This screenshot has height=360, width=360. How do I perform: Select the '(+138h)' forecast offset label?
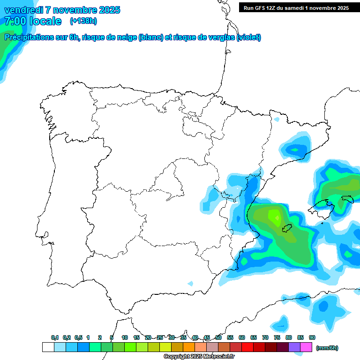click(x=83, y=21)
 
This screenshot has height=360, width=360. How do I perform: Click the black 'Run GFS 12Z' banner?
click(x=294, y=7)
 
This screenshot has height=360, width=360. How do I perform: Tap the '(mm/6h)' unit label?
click(x=327, y=348)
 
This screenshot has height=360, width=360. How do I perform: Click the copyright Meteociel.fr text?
click(x=199, y=357)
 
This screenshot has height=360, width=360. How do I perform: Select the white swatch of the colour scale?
click(x=48, y=347)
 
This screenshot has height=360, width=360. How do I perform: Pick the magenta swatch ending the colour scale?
click(x=307, y=347)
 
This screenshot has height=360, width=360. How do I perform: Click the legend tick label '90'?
click(x=312, y=337)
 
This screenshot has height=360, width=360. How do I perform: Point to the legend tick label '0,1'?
click(x=55, y=337)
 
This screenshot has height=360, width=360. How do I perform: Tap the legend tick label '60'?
click(x=242, y=337)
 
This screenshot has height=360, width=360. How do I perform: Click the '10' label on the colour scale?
click(x=125, y=337)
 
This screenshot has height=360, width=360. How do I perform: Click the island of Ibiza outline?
click(x=286, y=229)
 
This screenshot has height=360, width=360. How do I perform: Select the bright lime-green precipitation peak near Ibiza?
click(x=274, y=216)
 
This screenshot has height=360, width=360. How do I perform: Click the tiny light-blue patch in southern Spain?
click(x=190, y=284)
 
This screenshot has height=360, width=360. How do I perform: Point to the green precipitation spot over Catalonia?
click(x=295, y=150)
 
